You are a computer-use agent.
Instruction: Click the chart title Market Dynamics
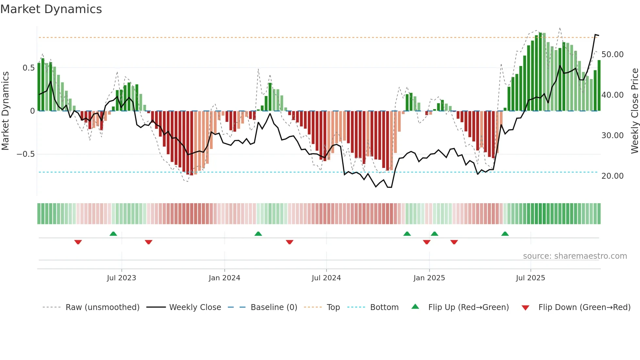51,9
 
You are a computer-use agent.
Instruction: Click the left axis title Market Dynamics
6,111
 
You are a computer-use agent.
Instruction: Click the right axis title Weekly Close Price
634,111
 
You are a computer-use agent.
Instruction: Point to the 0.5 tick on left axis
28,68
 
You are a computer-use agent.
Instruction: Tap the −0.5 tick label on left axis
26,154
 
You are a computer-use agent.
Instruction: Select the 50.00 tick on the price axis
612,55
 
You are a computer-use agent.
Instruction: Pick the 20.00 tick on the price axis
612,176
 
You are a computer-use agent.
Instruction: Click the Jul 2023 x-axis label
121,278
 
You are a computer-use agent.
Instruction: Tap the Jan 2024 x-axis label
224,278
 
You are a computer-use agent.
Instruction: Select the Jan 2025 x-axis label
429,278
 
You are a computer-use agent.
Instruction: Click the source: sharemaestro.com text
575,256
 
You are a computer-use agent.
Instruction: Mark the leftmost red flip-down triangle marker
78,242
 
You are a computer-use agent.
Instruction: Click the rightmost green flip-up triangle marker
505,234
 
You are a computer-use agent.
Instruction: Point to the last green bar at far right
599,86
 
